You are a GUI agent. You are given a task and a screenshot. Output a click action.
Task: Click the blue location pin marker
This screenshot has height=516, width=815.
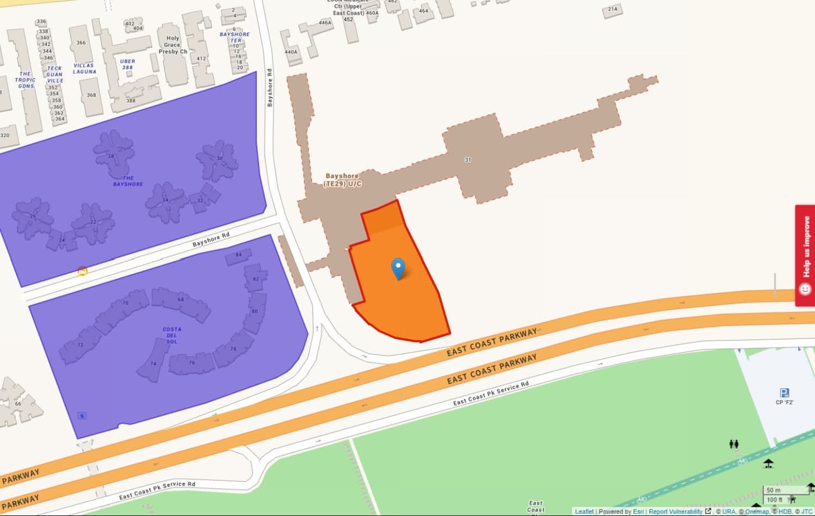tap(398, 268)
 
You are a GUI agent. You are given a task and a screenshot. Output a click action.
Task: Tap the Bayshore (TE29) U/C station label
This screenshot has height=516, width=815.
tap(342, 180)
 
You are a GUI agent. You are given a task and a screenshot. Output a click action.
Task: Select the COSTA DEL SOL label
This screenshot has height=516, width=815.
tap(172, 335)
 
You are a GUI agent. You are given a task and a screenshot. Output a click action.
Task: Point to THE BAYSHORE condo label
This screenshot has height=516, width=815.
tap(128, 181)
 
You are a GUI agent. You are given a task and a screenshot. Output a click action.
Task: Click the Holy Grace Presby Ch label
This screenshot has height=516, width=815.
tap(173, 45)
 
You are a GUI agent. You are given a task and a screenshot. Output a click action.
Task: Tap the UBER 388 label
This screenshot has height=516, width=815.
tap(128, 64)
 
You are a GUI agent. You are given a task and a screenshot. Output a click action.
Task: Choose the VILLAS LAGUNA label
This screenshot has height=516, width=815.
tap(84, 68)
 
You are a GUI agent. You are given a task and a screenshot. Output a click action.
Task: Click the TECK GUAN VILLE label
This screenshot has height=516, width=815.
tap(54, 74)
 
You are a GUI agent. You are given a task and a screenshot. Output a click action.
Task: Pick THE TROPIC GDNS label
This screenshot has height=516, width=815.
tap(26, 80)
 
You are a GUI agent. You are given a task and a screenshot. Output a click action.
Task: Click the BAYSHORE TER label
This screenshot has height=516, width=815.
tap(235, 37)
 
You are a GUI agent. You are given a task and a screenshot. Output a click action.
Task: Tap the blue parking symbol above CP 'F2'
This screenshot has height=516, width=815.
tap(784, 393)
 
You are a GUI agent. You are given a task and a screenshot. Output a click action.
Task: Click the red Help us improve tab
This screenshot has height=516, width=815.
tap(805, 255)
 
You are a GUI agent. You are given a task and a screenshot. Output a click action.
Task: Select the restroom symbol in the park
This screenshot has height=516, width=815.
tap(733, 444)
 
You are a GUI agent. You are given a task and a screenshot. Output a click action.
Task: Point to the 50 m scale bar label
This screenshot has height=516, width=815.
tap(774, 490)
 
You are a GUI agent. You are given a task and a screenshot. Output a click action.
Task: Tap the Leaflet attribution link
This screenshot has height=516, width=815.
tap(584, 512)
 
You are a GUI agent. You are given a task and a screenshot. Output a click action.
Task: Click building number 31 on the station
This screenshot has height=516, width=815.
tap(468, 160)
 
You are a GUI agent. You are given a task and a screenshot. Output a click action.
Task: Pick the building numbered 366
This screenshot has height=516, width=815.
tap(81, 43)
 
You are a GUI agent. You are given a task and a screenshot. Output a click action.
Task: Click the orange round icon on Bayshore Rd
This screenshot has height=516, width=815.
tap(83, 270)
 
